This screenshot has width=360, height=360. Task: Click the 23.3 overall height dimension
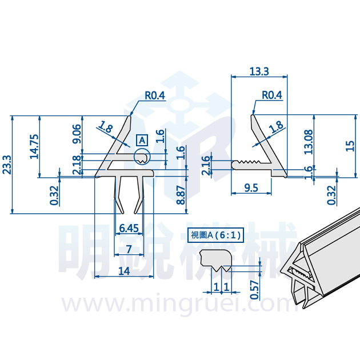[x=7, y=165]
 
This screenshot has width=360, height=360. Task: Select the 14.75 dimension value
[x=34, y=146]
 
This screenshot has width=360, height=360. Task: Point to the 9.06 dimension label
[x=77, y=134]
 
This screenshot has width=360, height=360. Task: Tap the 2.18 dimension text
[x=77, y=165]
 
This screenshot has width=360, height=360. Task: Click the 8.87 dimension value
[x=181, y=195]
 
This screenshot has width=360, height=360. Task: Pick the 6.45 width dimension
[x=129, y=228]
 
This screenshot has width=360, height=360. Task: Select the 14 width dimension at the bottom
[x=124, y=271]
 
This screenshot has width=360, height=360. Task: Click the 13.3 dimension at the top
[x=259, y=71]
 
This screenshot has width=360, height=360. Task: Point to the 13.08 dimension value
[x=309, y=142]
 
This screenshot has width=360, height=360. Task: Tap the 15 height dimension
[x=350, y=146]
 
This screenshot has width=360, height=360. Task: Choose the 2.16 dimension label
[x=206, y=165]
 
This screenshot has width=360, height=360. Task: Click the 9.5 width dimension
[x=251, y=188]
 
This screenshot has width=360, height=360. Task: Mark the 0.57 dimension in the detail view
[x=254, y=290]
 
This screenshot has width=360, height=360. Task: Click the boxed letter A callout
[x=142, y=140]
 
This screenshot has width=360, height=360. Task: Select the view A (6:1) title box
[x=215, y=235]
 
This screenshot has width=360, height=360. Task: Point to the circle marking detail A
[x=142, y=157]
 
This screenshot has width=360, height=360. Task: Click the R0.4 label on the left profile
[x=155, y=95]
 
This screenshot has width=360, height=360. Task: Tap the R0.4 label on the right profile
[x=272, y=95]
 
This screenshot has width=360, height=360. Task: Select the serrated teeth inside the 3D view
[x=301, y=274]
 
